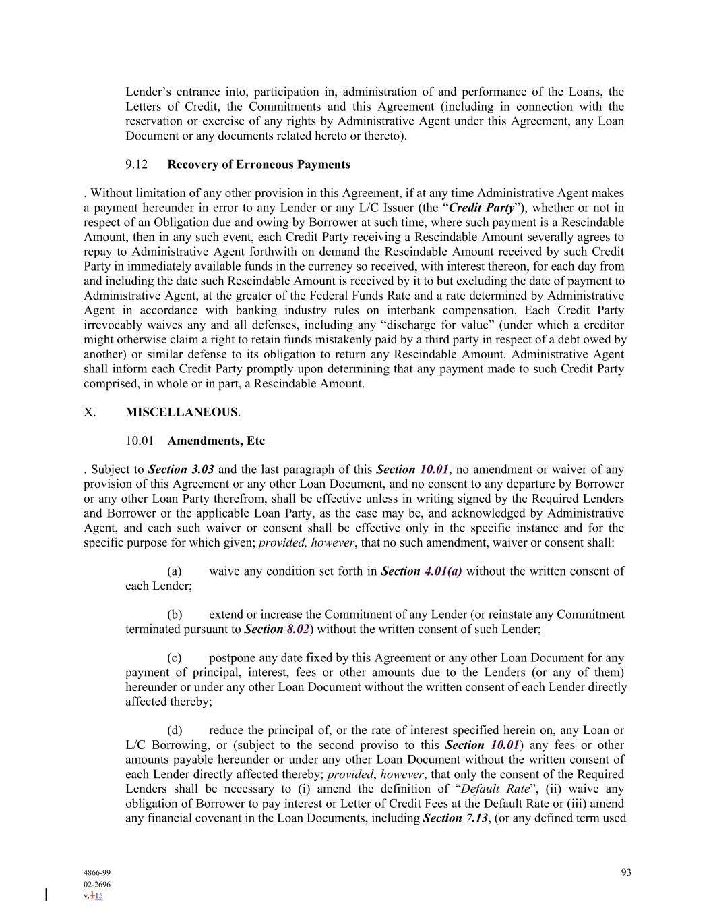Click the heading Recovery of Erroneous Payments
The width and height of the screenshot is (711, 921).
coord(258,165)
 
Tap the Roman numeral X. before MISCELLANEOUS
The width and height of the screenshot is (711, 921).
coord(90,412)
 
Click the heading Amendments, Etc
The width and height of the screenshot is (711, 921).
coord(216,441)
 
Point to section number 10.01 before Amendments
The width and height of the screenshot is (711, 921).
coord(140,441)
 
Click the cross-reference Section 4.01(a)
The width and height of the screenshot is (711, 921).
coord(421,571)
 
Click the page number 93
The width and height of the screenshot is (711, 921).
coord(626,872)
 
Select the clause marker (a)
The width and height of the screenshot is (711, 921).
coord(175,571)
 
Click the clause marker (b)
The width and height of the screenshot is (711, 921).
coord(175,615)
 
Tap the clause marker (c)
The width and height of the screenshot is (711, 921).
coord(175,658)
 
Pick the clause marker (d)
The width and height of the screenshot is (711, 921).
coord(175,731)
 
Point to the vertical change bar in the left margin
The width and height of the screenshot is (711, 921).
coord(46,895)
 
